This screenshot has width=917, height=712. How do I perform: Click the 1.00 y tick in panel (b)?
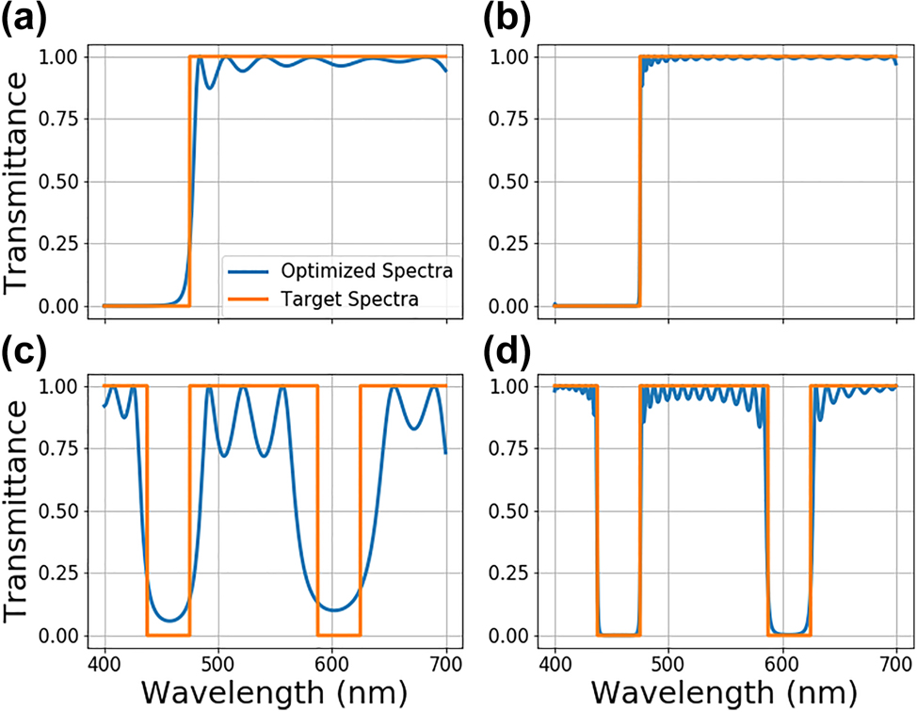[513, 57]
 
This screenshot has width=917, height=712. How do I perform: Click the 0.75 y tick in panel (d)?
[513, 449]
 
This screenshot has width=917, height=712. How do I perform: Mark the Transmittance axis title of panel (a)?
[19, 182]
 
